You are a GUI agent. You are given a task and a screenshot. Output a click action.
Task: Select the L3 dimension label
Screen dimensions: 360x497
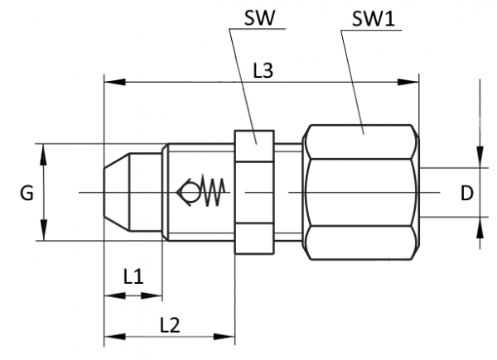pos(263,71)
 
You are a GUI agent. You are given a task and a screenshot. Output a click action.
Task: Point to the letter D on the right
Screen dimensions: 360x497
pos(467,193)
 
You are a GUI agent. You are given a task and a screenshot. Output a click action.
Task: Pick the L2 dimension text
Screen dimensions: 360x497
pos(169,324)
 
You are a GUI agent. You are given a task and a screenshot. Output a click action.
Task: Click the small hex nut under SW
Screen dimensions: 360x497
pos(254,192)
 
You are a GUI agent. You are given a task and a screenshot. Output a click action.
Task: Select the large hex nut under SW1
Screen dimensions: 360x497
pos(362,192)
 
